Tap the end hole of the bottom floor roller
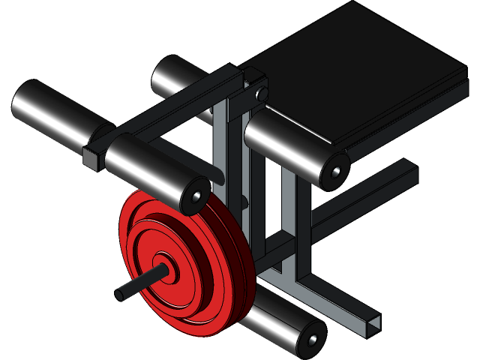coord(312,341)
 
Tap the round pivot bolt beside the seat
coord(260,94)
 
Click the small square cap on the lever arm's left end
coord(91,158)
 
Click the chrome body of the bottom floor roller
coord(277,319)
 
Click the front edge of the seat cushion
coord(397,112)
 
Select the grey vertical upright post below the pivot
coord(221,142)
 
